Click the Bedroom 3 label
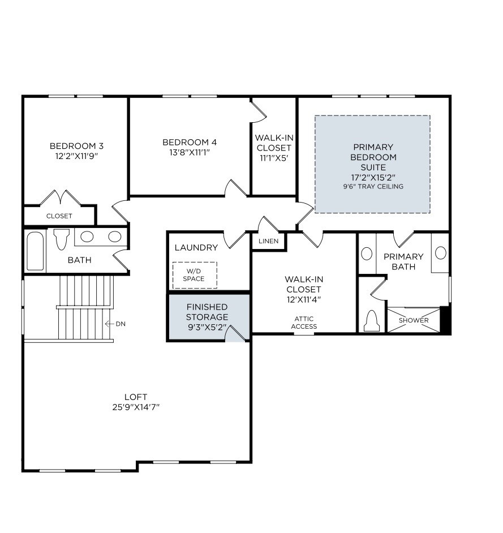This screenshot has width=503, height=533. pos(76,145)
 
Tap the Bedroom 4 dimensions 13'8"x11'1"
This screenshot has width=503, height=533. pos(189,152)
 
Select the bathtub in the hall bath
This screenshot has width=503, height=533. pos(35,251)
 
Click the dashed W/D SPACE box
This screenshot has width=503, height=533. pos(194,275)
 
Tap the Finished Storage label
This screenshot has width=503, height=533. pos(207,312)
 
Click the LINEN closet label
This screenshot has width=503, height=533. pos(269,242)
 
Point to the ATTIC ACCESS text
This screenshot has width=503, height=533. pos(304,323)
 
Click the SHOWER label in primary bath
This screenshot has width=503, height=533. pos(414,320)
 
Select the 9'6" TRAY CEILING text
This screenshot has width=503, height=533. pos(373,186)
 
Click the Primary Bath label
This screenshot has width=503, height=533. pos(403,261)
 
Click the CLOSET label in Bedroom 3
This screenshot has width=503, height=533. pos(59,216)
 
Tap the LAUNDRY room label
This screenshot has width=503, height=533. pos(196,248)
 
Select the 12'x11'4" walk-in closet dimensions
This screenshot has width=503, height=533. pos(304,299)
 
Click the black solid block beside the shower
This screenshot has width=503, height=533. pos(445,320)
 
